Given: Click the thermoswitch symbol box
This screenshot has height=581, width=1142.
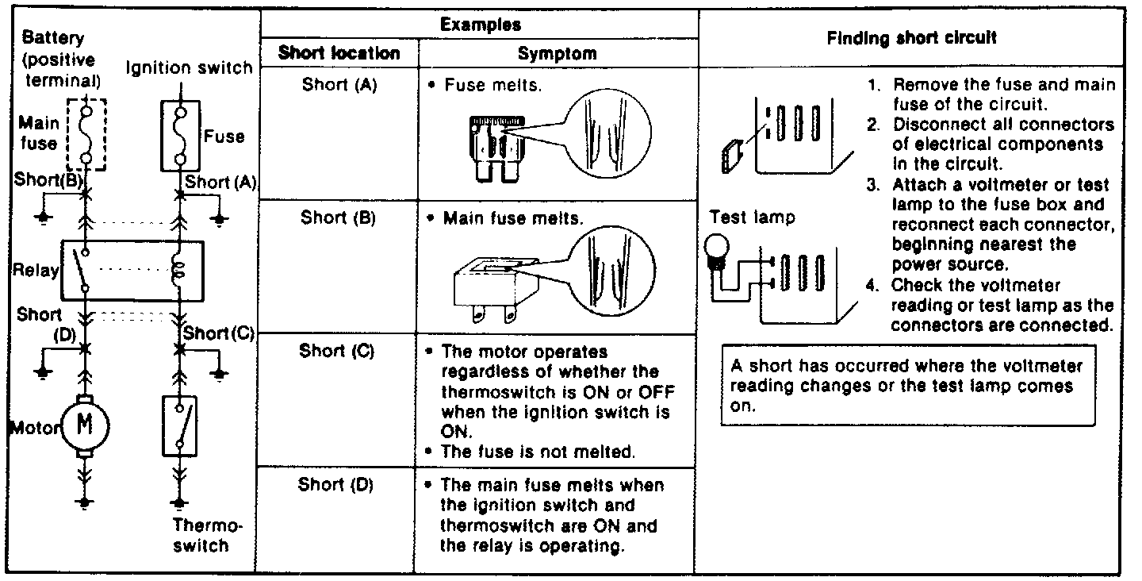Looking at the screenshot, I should (180, 425).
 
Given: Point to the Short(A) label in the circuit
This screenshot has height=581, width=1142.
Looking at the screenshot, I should (220, 183).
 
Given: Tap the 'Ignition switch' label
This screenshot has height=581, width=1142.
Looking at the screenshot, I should (189, 68).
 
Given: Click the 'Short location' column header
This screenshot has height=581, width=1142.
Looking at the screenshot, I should (339, 54).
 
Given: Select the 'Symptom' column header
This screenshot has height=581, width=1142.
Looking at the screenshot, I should (557, 54).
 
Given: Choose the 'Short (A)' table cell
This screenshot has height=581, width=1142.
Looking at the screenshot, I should (339, 85).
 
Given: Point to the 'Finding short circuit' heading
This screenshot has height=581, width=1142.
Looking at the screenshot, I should (912, 37).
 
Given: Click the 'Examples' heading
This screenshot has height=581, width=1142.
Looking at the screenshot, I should (481, 25).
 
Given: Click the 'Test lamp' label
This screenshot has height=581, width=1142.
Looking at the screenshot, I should (751, 217).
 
